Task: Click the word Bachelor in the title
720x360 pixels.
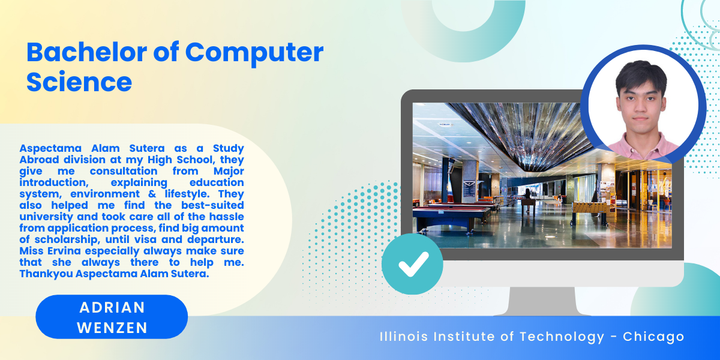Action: pos(87,52)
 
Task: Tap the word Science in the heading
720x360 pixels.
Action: pos(79,82)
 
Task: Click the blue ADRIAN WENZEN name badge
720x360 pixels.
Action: pos(112,317)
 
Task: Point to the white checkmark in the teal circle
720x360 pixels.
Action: pos(413,264)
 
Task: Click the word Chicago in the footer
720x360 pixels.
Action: pos(653,337)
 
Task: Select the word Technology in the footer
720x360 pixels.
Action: pos(562,337)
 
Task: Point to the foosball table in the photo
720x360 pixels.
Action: pos(590,211)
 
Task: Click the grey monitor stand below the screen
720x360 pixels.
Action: pos(542,301)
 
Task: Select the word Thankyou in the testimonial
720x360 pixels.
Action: pos(46,274)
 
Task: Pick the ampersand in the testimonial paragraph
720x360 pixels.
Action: pos(152,194)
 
